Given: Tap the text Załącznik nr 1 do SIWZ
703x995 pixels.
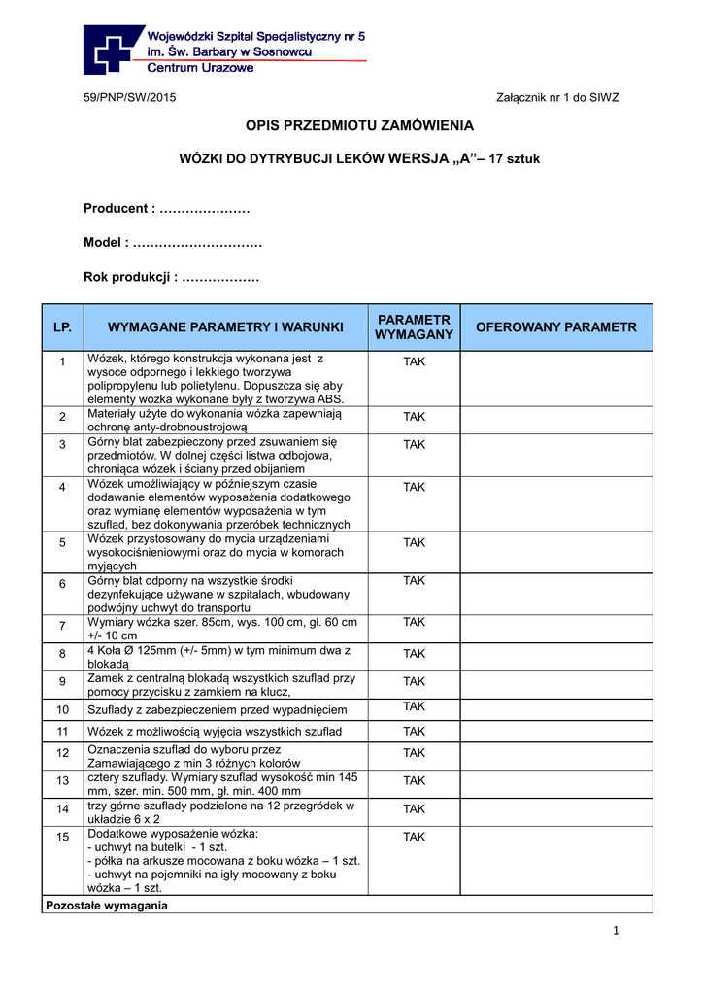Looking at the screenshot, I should [557, 97].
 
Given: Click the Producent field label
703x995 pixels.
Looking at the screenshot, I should [119, 208].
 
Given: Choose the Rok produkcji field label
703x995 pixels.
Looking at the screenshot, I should [129, 278].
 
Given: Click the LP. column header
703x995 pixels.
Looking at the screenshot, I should [62, 327].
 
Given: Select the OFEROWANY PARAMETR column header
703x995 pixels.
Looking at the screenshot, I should [555, 327].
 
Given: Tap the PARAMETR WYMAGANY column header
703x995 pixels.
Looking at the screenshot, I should [414, 327].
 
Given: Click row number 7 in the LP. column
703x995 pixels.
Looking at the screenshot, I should [62, 625].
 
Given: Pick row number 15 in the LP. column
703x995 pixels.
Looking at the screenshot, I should [62, 837].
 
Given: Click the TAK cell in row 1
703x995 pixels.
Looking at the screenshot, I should [414, 361].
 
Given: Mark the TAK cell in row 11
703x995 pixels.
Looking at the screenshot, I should [414, 731].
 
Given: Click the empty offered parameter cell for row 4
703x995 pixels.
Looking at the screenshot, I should [555, 504].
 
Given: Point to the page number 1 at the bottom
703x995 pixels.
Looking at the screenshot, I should [616, 931].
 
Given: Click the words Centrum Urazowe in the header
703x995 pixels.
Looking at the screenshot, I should [200, 68].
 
